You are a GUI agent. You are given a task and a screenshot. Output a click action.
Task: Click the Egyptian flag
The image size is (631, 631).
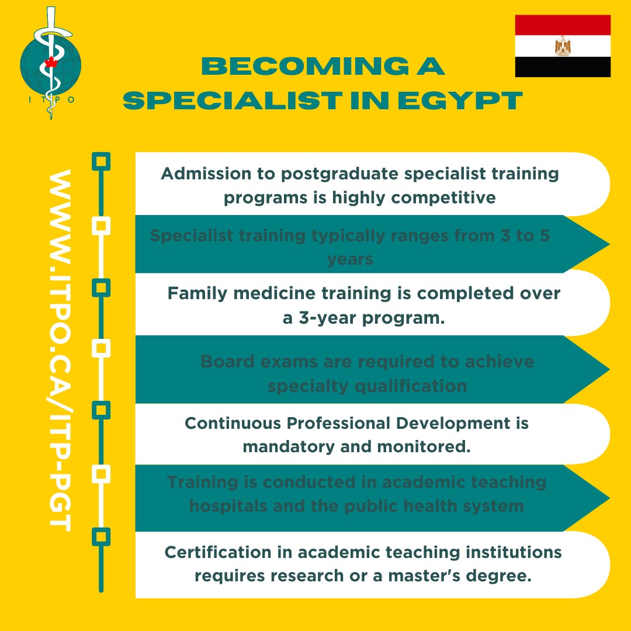pyautogui.click(x=563, y=46)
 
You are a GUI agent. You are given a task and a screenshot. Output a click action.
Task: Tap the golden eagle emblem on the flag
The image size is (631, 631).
pyautogui.click(x=563, y=46)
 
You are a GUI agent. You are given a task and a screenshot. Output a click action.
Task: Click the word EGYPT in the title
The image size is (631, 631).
pyautogui.click(x=463, y=101)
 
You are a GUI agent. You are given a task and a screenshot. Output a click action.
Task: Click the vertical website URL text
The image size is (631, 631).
pyautogui.click(x=60, y=351)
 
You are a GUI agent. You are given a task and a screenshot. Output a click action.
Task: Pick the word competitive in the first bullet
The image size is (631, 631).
pyautogui.click(x=443, y=197)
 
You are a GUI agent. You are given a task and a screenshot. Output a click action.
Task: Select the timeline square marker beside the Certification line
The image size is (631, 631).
pyautogui.click(x=102, y=536)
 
